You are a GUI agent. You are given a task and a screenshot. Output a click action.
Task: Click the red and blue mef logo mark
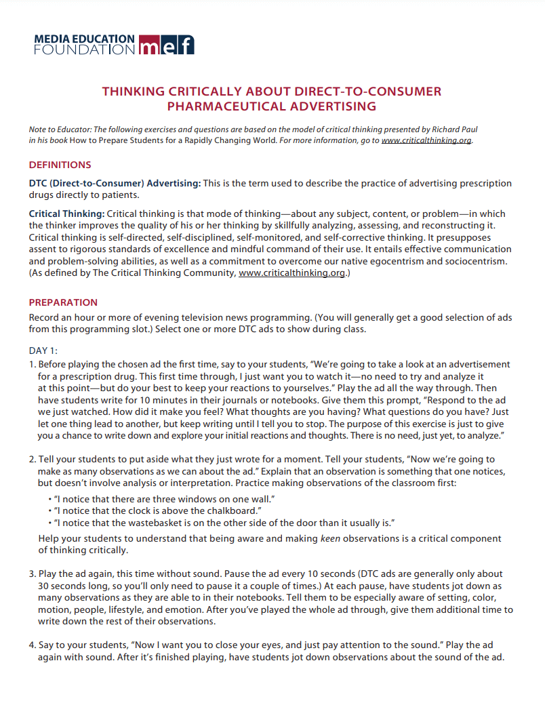point(165,44)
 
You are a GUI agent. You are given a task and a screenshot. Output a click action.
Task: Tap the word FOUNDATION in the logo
point(84,49)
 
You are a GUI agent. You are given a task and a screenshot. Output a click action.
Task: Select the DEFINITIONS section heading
point(60,165)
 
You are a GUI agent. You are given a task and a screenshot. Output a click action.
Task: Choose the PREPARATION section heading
point(63,302)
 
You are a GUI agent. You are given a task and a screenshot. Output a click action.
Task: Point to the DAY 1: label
point(43,350)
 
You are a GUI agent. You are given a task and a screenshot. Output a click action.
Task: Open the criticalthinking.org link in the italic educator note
point(426,140)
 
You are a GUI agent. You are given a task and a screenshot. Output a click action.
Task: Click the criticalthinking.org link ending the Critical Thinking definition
point(292,273)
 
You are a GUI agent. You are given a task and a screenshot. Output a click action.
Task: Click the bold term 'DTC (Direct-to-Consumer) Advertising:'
point(115,184)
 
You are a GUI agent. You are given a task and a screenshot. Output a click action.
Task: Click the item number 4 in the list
point(32,645)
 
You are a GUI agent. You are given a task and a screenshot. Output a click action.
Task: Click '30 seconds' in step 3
point(62,585)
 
